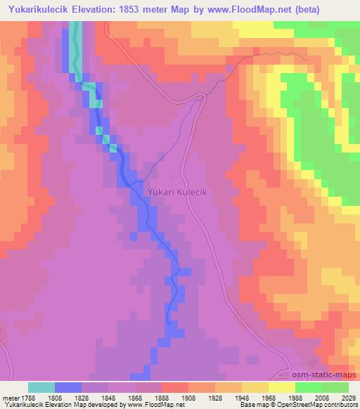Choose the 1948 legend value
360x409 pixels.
(x=243, y=398)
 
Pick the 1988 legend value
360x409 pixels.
(x=296, y=398)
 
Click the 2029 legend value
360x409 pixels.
(x=348, y=398)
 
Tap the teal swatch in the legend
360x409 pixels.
(x=41, y=387)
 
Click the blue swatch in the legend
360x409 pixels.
(x=68, y=387)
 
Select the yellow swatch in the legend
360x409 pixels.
(x=281, y=387)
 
